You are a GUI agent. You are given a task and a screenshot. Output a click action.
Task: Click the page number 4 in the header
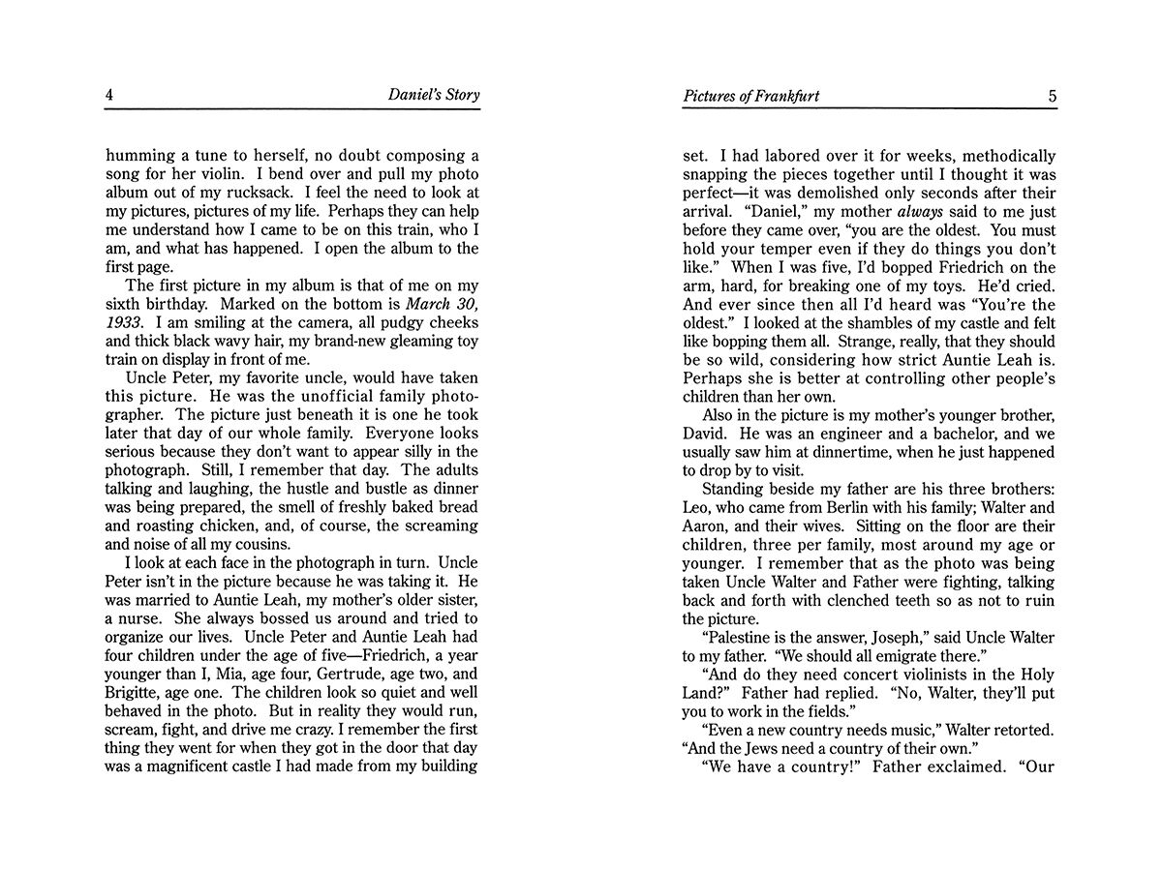pyautogui.click(x=109, y=95)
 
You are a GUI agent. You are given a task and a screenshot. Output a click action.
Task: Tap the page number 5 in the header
pyautogui.click(x=1052, y=95)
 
